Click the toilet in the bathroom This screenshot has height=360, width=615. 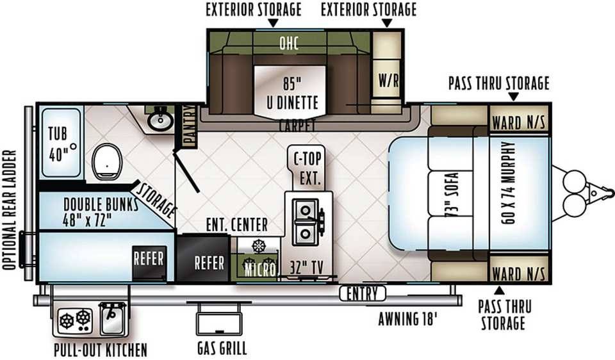click(107, 162)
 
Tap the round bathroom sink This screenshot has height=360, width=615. click(160, 120)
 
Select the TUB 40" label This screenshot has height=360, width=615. click(59, 143)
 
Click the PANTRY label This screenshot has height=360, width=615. click(190, 126)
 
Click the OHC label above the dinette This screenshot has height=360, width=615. click(289, 43)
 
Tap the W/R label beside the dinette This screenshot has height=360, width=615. click(388, 81)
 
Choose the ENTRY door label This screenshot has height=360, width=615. click(363, 293)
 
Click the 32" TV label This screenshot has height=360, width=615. click(307, 268)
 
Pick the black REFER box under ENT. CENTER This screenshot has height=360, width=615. click(202, 258)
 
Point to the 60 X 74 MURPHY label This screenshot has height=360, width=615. click(509, 183)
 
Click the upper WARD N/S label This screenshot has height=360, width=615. click(518, 123)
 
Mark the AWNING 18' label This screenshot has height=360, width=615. click(407, 319)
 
